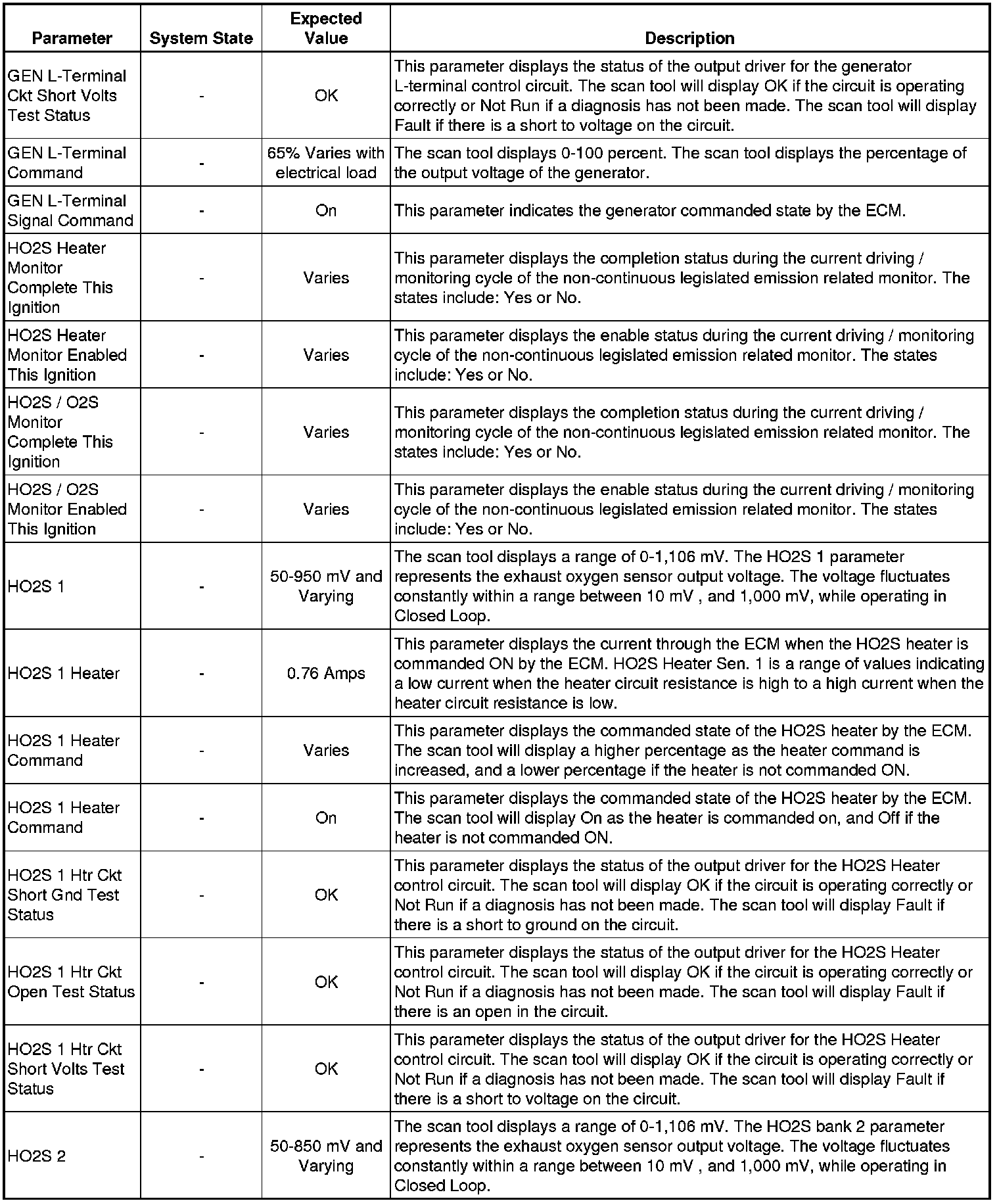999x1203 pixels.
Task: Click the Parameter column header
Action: [72, 38]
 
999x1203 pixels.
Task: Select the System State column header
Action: [201, 38]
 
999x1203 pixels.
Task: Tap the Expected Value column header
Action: [326, 28]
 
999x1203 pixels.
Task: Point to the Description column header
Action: [689, 38]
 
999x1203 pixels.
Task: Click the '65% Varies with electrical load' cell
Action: [326, 163]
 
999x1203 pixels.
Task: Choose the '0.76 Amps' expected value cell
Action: [326, 673]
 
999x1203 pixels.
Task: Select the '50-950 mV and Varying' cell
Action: [326, 586]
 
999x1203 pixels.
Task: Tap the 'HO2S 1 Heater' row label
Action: [64, 673]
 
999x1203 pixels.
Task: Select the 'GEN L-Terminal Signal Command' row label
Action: [70, 210]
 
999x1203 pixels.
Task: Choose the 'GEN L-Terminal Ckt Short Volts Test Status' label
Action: [66, 95]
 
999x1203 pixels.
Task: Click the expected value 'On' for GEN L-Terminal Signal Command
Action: [326, 210]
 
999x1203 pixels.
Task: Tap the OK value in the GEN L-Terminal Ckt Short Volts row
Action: [326, 95]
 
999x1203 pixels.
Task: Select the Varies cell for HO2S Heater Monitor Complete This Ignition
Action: [326, 277]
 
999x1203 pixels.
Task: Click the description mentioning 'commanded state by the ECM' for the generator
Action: [649, 210]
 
